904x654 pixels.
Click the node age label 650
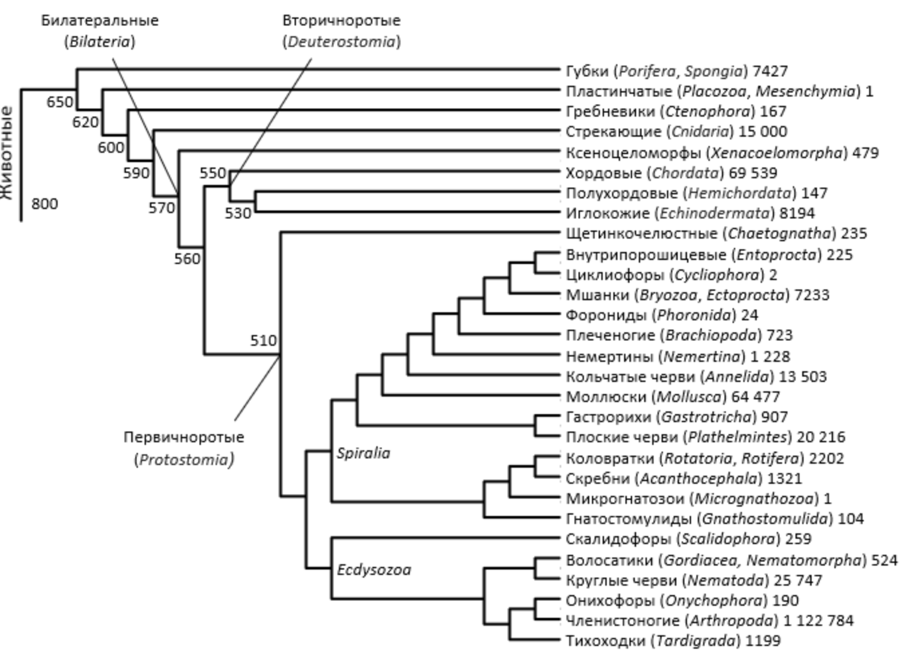60,103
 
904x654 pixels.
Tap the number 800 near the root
44,204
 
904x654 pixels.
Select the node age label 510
263,340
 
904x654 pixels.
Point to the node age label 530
238,214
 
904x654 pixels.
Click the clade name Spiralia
363,453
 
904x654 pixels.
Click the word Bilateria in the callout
100,42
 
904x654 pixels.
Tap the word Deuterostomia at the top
342,42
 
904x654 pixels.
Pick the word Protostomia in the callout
184,460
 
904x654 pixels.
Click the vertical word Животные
7,153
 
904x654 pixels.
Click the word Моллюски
598,397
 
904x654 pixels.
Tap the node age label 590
137,174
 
